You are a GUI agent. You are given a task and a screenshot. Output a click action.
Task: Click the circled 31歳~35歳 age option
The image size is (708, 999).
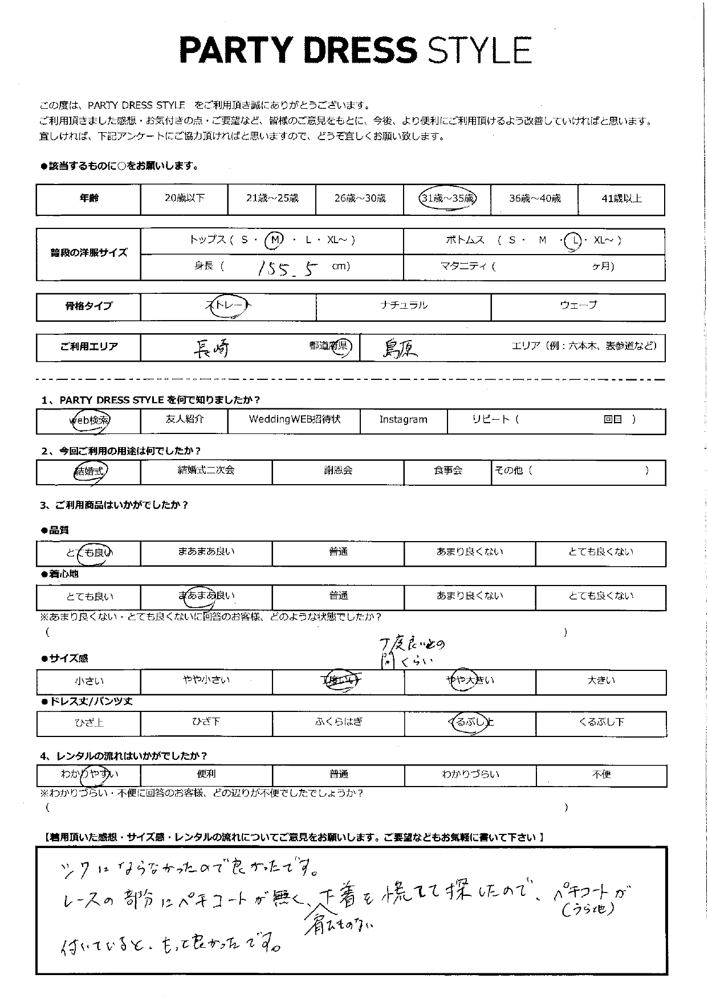[447, 199]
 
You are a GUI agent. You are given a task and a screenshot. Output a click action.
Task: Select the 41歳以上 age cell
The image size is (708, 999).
[621, 199]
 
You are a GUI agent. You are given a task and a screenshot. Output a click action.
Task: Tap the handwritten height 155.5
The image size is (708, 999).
[287, 268]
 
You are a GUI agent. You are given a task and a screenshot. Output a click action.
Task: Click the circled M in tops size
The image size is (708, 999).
[275, 240]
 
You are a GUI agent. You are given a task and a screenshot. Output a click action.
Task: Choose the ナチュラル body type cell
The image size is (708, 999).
[404, 306]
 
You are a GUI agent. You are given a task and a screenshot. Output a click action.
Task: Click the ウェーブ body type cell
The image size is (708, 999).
[578, 306]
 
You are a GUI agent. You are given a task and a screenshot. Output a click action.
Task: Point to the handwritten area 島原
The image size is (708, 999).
[400, 348]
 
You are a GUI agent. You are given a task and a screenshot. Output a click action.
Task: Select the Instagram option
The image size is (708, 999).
[403, 420]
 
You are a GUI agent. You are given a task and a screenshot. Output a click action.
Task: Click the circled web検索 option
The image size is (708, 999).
[89, 420]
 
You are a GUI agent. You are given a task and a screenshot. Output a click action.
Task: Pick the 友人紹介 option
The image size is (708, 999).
[184, 420]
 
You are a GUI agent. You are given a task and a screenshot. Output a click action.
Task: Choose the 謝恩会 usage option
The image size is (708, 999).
[338, 471]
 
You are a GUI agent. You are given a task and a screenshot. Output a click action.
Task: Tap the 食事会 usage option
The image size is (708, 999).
[447, 471]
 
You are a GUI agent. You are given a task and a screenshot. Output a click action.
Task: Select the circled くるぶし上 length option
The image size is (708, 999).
[471, 722]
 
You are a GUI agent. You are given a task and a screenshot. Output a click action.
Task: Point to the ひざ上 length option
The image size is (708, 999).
[89, 723]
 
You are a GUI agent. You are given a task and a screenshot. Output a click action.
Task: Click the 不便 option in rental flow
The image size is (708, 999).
[601, 775]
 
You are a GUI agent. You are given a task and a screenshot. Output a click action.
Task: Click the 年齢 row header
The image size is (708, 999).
[89, 199]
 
